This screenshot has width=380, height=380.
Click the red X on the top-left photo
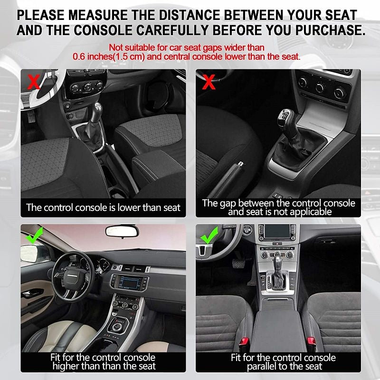click(33, 82)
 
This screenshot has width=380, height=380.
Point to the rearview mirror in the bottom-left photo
click(122, 231)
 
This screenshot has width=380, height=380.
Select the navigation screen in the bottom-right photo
click(276, 233)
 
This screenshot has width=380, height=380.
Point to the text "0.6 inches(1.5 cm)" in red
click(109, 57)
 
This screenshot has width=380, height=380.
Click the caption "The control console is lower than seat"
click(104, 207)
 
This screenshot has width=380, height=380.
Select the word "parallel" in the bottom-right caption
click(264, 366)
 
